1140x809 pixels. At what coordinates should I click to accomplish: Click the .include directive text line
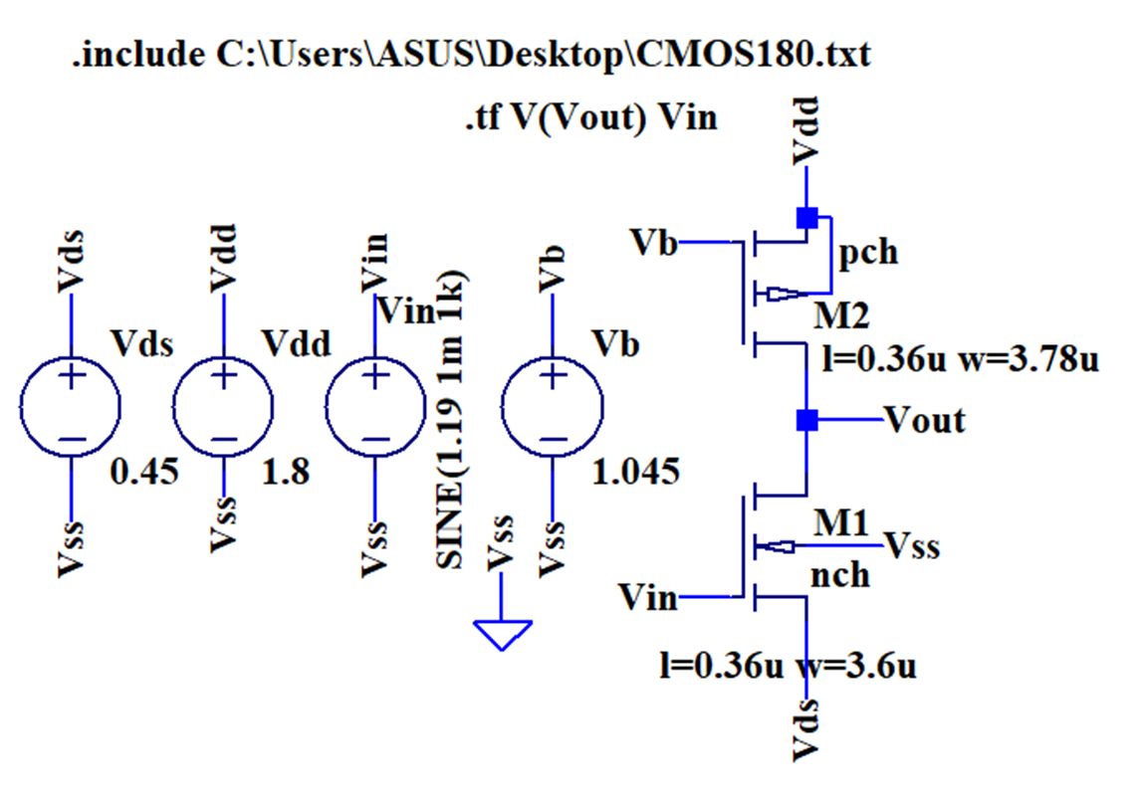pyautogui.click(x=470, y=55)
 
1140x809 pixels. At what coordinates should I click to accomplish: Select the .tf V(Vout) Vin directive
pyautogui.click(x=590, y=117)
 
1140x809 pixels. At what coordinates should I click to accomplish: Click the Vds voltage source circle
pyautogui.click(x=71, y=408)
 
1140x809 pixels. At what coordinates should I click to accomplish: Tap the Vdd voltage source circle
pyautogui.click(x=224, y=408)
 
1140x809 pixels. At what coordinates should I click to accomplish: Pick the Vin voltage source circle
pyautogui.click(x=375, y=408)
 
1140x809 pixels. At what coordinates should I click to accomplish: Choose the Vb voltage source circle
pyautogui.click(x=554, y=408)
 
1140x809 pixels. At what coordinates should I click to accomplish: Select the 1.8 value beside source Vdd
pyautogui.click(x=286, y=471)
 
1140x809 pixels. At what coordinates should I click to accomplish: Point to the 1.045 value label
pyautogui.click(x=636, y=471)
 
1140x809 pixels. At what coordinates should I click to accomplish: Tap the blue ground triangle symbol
pyautogui.click(x=503, y=634)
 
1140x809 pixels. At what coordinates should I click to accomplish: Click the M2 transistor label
pyautogui.click(x=841, y=316)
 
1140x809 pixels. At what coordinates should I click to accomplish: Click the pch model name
pyautogui.click(x=868, y=253)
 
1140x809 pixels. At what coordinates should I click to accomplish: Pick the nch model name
pyautogui.click(x=840, y=574)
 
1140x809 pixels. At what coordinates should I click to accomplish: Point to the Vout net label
pyautogui.click(x=925, y=420)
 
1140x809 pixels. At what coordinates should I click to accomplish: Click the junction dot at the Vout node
pyautogui.click(x=806, y=420)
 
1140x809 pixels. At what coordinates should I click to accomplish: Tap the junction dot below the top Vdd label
pyautogui.click(x=806, y=217)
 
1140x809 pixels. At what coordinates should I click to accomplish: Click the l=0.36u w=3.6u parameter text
pyautogui.click(x=788, y=665)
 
